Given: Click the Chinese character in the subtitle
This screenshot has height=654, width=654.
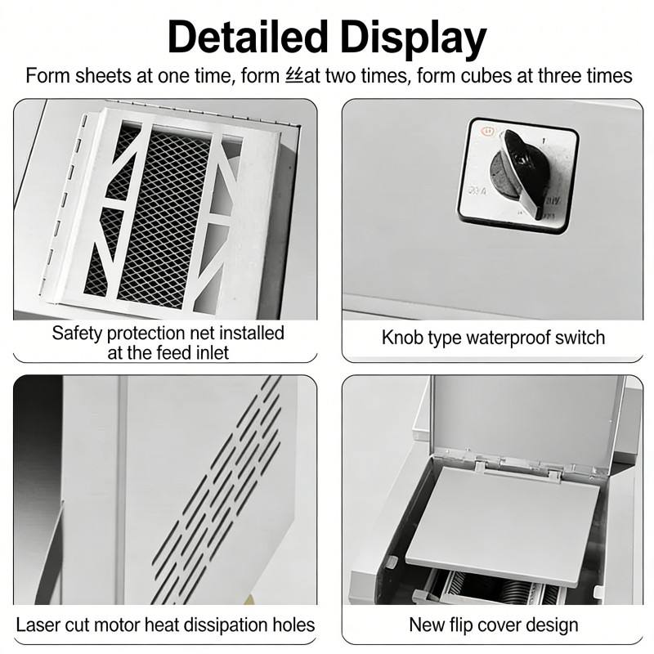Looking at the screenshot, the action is [x=294, y=76].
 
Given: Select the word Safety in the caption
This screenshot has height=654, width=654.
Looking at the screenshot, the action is [x=75, y=333].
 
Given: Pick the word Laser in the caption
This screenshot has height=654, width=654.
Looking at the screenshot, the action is [x=38, y=625].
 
